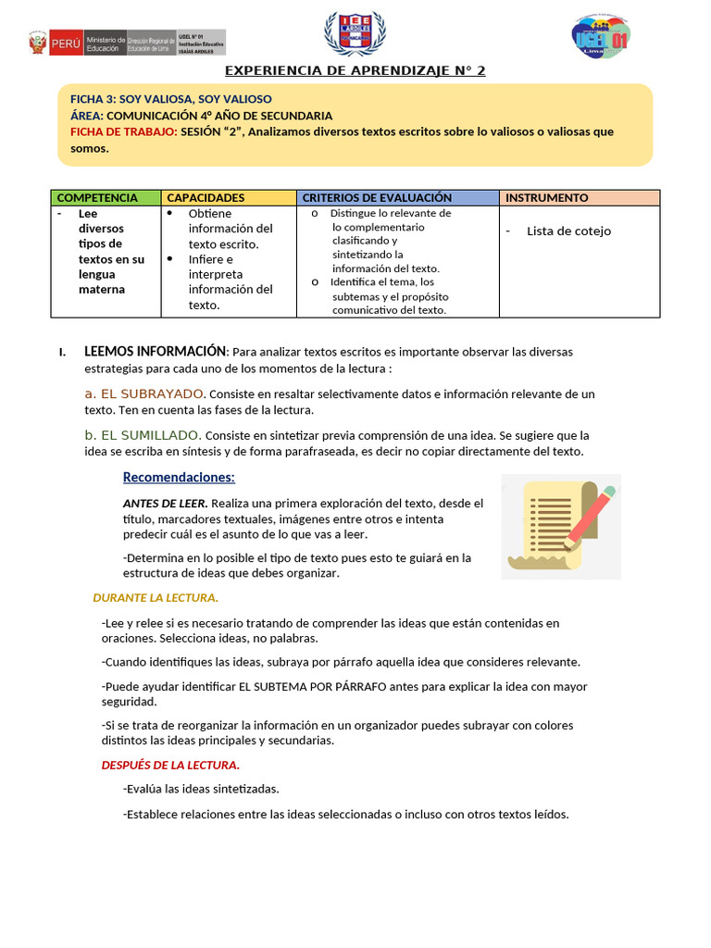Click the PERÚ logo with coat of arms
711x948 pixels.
coord(54,43)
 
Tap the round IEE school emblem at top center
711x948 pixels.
coord(352,34)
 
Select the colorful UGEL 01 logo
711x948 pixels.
coord(600,39)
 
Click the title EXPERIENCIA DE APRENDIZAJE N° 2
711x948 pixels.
coord(355,70)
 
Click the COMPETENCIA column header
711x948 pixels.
coord(97,197)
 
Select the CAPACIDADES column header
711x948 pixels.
coord(206,197)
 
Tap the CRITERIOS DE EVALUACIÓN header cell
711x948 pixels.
coord(378,197)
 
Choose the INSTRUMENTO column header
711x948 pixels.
coord(547,197)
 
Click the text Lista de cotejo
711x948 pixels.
coord(568,231)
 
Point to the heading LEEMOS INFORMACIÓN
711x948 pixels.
coord(155,352)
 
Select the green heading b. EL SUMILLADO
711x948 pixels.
coord(143,435)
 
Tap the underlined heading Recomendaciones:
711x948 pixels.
coord(179,478)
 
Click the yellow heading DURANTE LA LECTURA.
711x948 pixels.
coord(156,597)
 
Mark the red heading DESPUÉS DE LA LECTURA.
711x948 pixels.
coord(170,765)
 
